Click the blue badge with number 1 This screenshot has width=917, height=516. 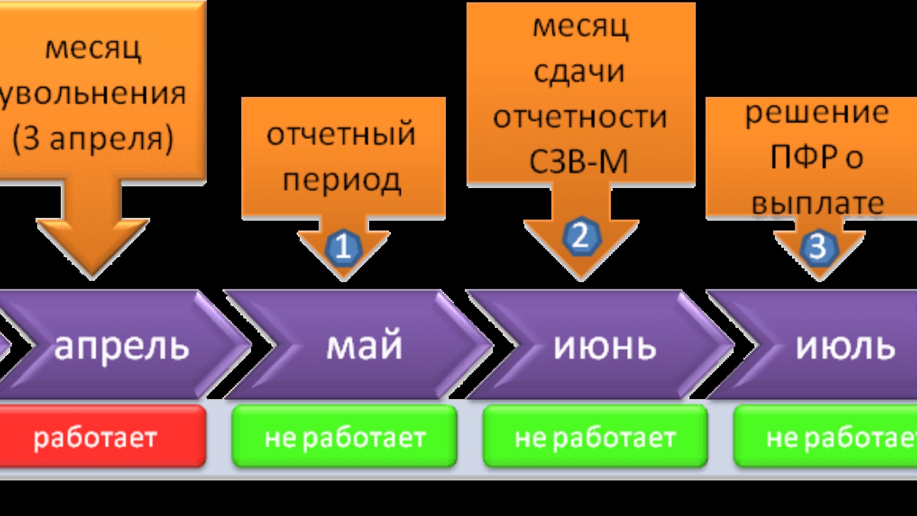[343, 247]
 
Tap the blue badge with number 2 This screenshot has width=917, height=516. [581, 236]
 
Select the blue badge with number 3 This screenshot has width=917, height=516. [818, 247]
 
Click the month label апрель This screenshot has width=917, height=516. [122, 346]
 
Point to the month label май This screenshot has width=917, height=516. [365, 346]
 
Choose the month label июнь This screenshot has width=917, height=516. [605, 346]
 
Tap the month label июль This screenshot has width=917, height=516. [845, 346]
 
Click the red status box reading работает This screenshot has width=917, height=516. [96, 437]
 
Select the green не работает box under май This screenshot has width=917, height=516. [344, 437]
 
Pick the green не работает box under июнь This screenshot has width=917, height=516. [595, 437]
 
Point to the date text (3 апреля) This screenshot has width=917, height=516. [93, 138]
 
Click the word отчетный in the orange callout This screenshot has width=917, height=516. [341, 134]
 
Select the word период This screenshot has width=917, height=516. [342, 179]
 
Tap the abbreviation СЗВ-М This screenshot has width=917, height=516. [579, 161]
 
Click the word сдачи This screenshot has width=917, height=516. [579, 71]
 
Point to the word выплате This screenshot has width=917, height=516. [818, 202]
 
